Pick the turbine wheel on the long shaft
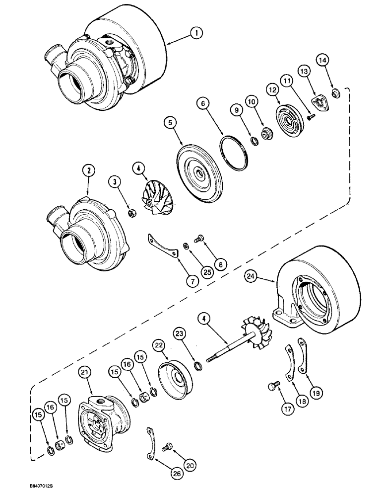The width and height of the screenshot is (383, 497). point(262,335)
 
